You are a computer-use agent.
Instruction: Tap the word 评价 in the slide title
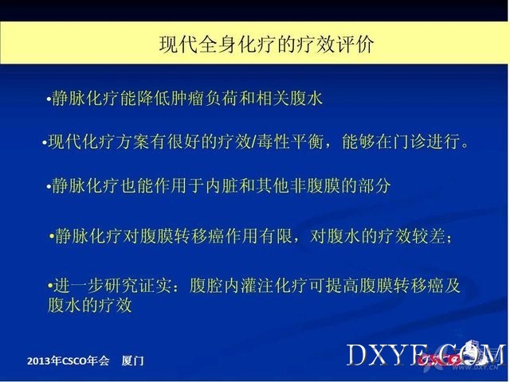(355, 45)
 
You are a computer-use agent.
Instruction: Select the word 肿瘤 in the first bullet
(187, 98)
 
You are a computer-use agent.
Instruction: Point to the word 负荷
(222, 98)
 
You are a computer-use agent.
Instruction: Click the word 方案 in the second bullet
(132, 142)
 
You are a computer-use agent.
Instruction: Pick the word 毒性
(273, 142)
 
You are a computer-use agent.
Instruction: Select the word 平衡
(307, 142)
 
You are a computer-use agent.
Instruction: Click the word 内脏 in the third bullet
(222, 186)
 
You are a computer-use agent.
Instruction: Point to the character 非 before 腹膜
(297, 186)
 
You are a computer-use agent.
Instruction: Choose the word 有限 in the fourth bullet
(276, 236)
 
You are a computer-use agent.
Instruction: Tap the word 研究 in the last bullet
(121, 286)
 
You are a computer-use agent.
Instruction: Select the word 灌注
(257, 286)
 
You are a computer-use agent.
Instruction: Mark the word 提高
(342, 286)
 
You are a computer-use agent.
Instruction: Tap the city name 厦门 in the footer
(132, 361)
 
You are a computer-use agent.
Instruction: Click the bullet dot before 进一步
(50, 286)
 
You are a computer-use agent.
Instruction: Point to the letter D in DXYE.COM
(357, 355)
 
